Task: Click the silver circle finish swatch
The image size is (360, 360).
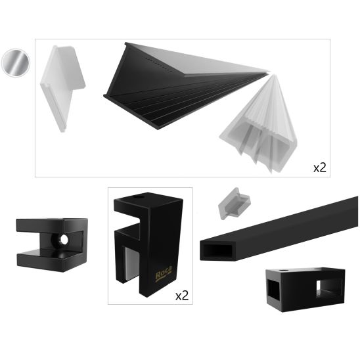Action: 15,62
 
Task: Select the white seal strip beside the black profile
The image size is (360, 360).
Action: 62,82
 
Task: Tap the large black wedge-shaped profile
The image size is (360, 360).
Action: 164,85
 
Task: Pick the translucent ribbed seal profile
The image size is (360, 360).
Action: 259,128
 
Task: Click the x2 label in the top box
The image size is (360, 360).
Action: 319,168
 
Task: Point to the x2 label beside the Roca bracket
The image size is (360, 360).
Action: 182,296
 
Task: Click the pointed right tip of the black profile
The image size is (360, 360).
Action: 266,71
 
